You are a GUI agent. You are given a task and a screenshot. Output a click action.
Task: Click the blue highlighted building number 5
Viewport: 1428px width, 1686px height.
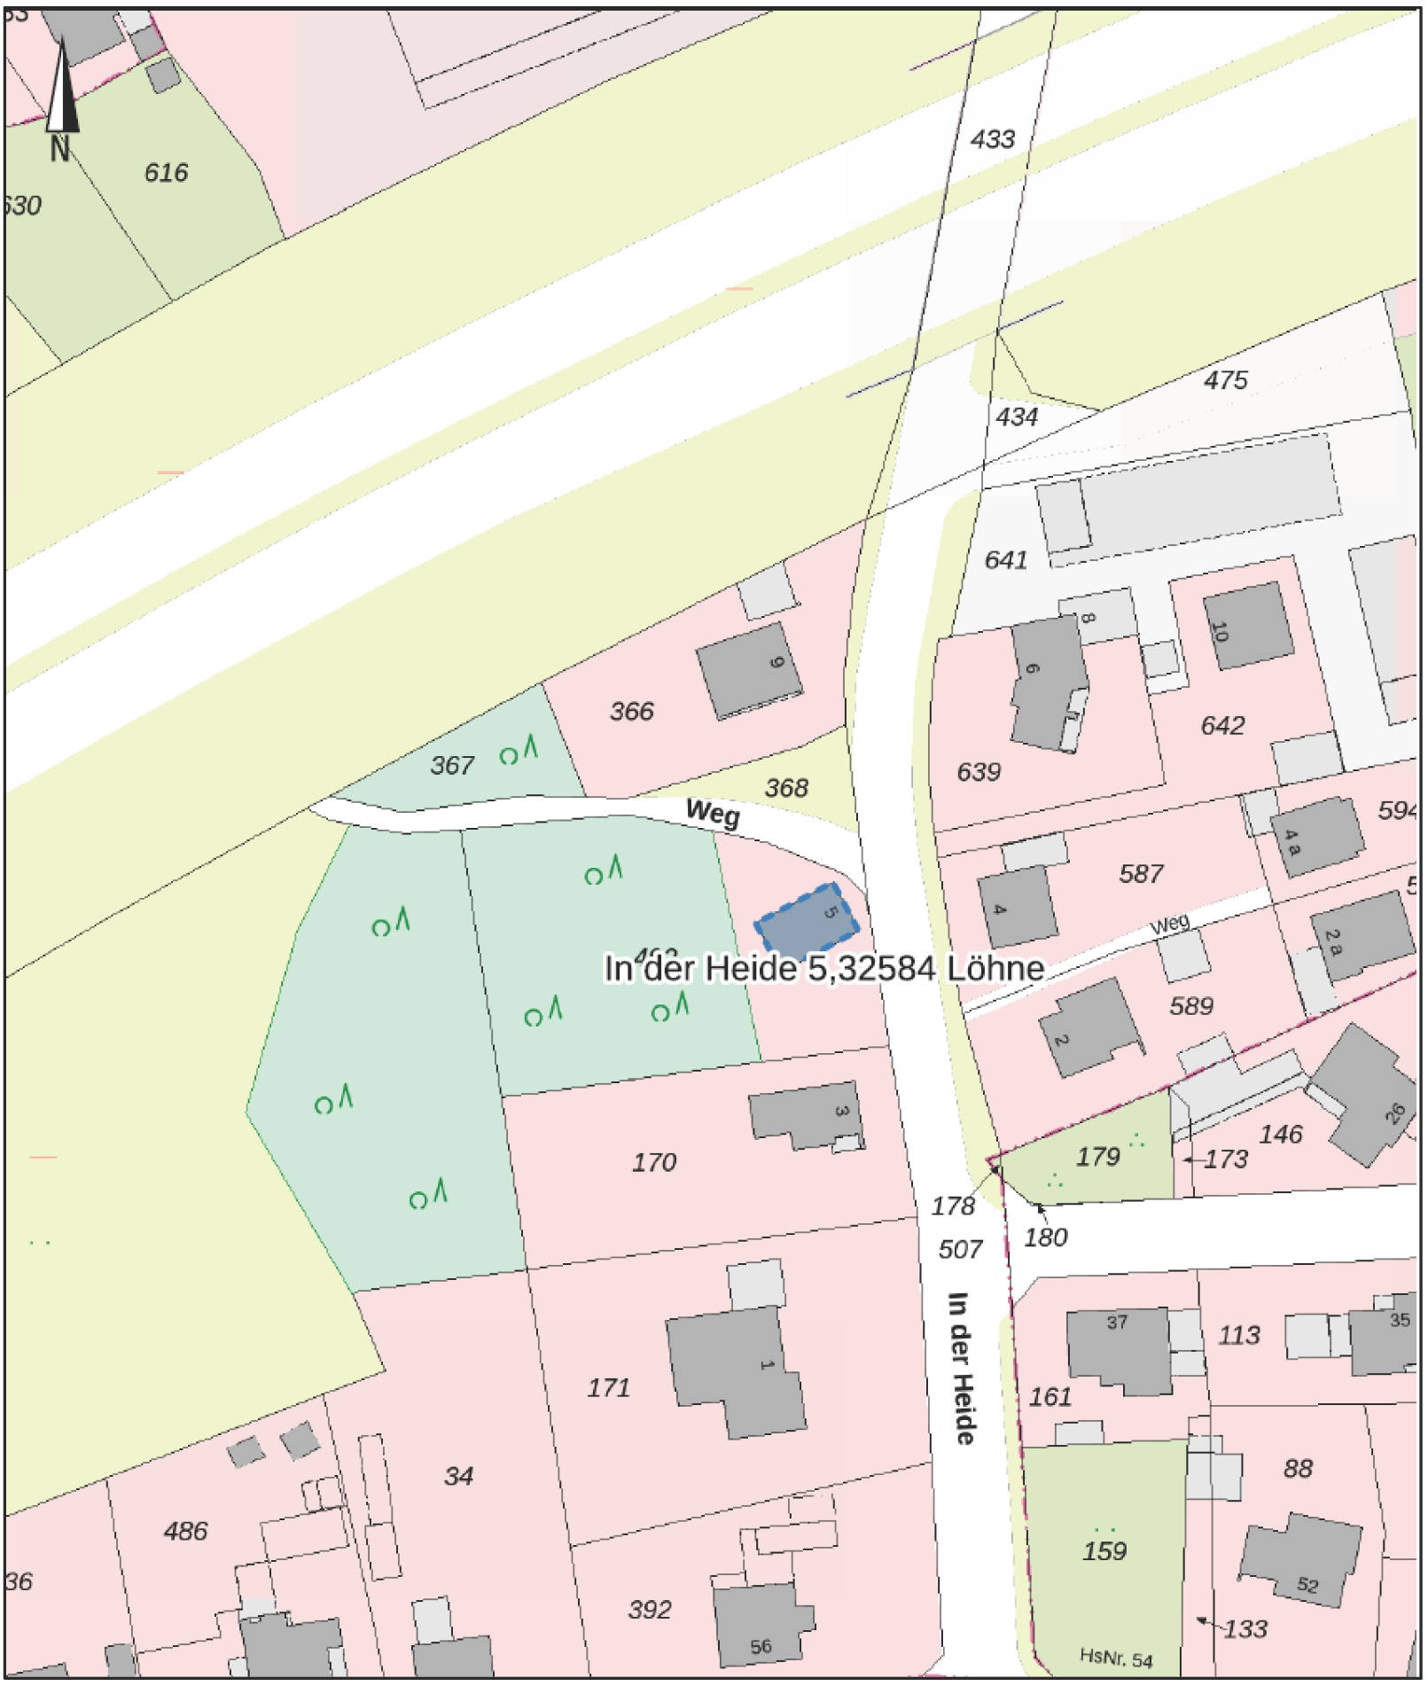(807, 917)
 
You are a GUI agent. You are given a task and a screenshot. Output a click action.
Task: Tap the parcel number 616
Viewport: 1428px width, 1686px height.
(166, 172)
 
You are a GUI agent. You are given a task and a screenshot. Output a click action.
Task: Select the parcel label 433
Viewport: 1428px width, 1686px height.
(992, 139)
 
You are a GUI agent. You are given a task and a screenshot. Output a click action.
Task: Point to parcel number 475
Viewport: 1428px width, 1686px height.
(1225, 380)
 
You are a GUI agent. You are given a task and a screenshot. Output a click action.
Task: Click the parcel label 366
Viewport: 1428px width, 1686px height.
(631, 711)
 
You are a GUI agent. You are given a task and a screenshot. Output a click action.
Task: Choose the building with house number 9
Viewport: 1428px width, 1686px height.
(750, 669)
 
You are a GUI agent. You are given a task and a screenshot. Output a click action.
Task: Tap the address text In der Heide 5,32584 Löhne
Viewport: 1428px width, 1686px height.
(823, 968)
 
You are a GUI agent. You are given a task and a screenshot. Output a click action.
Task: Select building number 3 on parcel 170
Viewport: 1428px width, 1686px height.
(805, 1115)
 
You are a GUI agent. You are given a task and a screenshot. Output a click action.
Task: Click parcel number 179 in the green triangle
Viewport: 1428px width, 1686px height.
(1097, 1156)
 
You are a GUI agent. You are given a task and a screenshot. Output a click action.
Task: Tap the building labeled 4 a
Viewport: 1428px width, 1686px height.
(1316, 837)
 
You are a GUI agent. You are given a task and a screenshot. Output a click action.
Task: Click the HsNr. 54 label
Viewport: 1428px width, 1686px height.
(1116, 1657)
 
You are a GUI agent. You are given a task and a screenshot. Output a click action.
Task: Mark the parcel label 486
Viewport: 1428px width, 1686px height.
(185, 1531)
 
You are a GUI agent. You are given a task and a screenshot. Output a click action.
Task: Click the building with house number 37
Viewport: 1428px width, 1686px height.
(1117, 1350)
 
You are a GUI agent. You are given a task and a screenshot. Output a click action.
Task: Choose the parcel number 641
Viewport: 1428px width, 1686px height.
(1005, 559)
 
